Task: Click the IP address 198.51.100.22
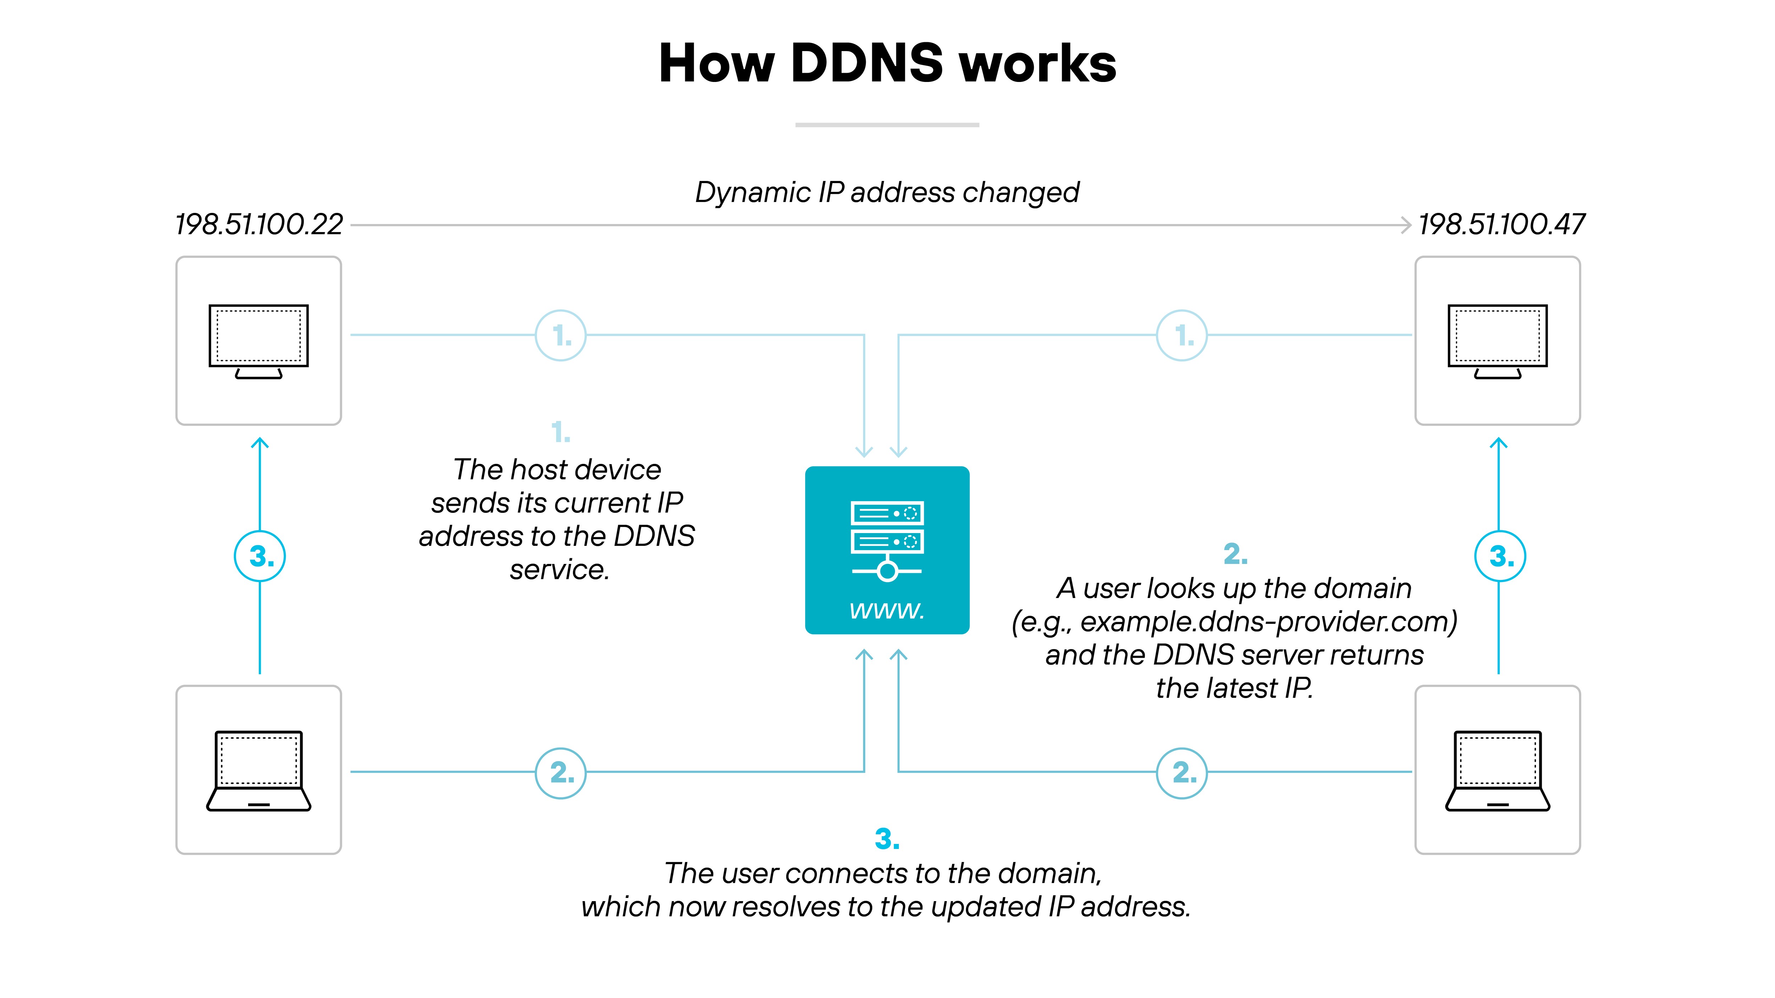(259, 225)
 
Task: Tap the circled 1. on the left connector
(561, 335)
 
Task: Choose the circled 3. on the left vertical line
(260, 556)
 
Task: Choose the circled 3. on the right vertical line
(1500, 556)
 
